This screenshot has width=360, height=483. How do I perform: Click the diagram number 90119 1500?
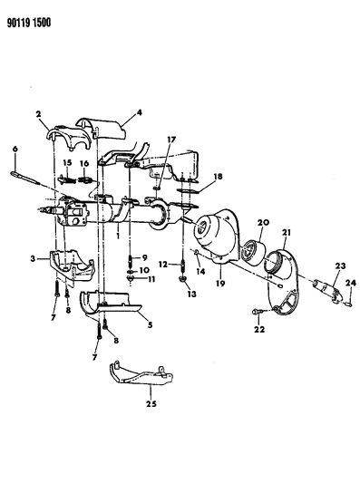tap(29, 23)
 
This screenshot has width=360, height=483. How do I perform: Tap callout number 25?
tap(151, 403)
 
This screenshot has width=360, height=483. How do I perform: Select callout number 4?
tap(140, 113)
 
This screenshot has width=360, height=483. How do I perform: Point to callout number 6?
tap(15, 150)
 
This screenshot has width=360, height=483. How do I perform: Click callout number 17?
tap(171, 140)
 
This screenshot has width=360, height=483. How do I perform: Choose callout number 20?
tap(265, 222)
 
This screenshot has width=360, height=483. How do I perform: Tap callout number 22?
tap(259, 329)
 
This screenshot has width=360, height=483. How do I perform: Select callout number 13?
tap(191, 295)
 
